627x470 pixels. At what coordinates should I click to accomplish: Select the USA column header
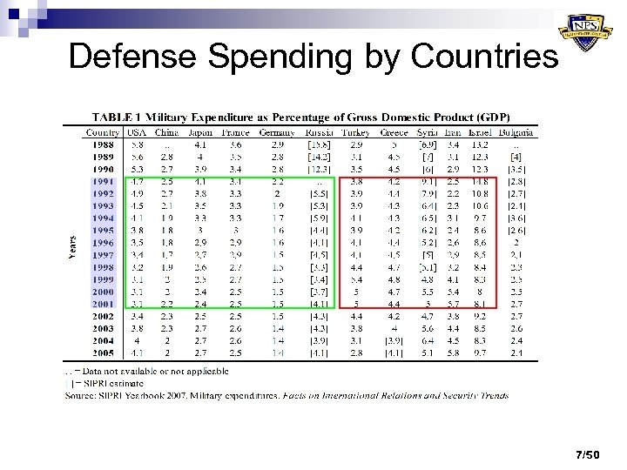[x=136, y=132]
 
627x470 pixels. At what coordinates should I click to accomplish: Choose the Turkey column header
[x=355, y=132]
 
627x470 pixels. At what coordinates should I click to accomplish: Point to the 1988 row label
[x=102, y=144]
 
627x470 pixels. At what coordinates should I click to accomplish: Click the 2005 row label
[x=102, y=353]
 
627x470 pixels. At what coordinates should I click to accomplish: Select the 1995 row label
[x=102, y=230]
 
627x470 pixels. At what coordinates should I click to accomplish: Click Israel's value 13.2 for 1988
[x=479, y=144]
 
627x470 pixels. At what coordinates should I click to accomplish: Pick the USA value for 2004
[x=137, y=341]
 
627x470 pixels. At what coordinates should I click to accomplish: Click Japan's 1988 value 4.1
[x=200, y=144]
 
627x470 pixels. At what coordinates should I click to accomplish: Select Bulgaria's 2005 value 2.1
[x=516, y=353]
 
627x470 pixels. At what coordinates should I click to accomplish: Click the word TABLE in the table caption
[x=114, y=117]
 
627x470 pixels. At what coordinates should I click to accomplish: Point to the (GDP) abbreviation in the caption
[x=493, y=117]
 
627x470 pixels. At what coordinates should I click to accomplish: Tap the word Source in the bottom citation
[x=80, y=396]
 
